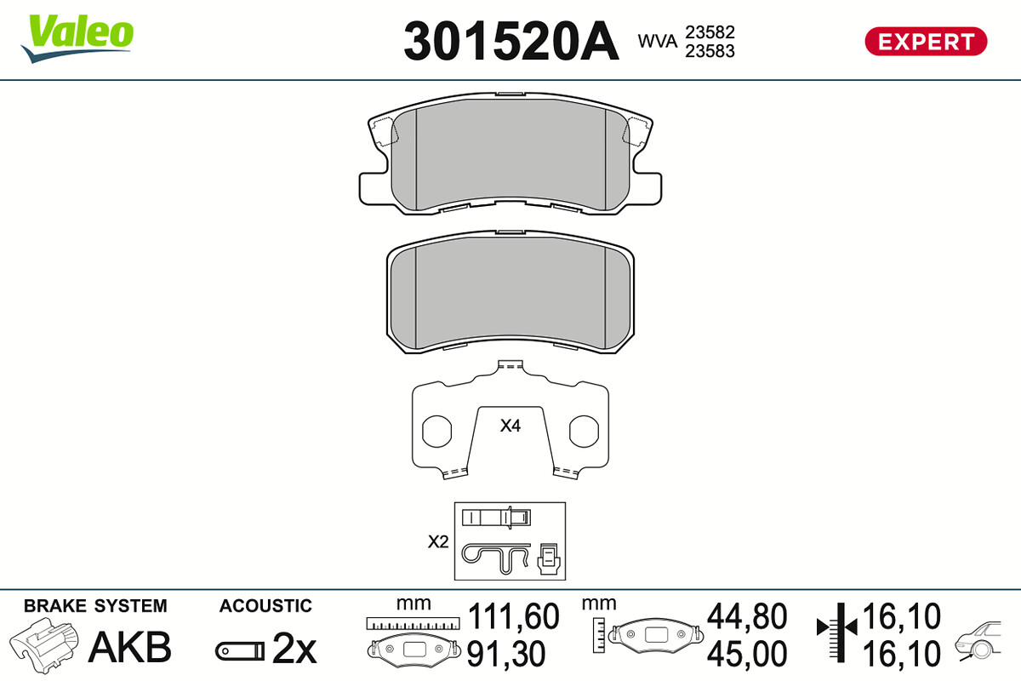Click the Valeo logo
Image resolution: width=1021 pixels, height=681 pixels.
[x=77, y=38]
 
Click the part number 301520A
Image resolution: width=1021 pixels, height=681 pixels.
[x=511, y=41]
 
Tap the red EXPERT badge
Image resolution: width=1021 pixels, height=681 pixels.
[x=926, y=42]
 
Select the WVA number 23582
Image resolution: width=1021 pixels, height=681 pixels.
[x=710, y=32]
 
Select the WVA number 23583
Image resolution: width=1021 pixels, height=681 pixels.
[x=710, y=51]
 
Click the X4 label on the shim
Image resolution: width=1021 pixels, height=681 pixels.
[x=510, y=426]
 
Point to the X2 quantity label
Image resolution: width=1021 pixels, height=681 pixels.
[x=438, y=541]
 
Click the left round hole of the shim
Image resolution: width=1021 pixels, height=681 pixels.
[x=436, y=431]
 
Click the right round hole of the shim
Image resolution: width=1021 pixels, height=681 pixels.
[x=584, y=431]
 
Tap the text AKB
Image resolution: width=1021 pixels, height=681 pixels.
[x=130, y=647]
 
